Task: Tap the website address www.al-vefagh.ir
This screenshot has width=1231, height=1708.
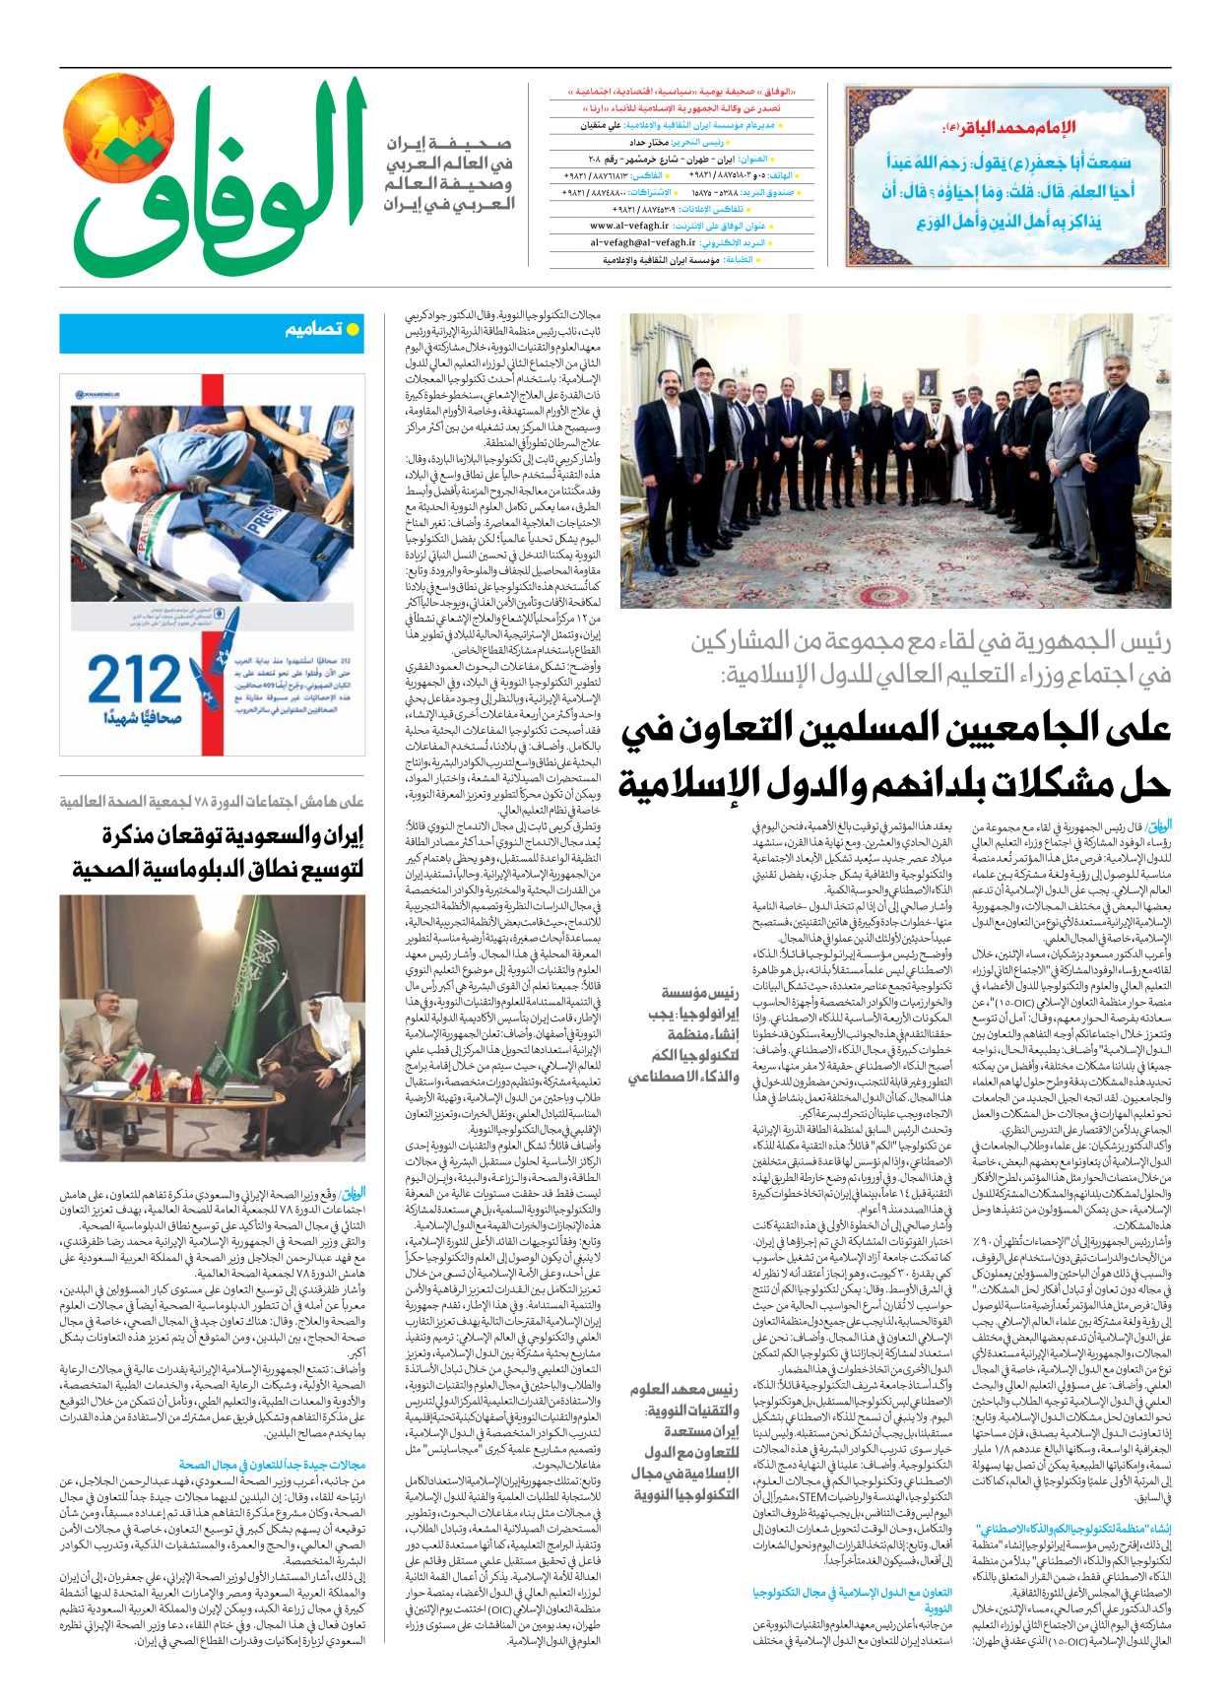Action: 629,226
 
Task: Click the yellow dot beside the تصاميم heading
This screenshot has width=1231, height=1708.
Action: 353,329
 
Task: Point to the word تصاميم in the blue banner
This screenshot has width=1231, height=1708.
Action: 313,330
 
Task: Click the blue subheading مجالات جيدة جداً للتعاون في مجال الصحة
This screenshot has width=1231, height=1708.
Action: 272,1465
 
